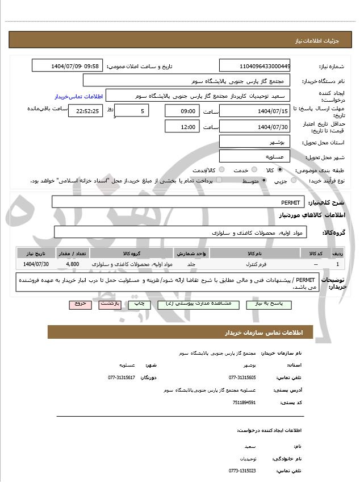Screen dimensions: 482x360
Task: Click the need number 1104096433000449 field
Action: click(255, 65)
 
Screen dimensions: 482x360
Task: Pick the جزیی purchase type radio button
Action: click(294, 180)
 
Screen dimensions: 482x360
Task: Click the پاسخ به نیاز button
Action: click(269, 304)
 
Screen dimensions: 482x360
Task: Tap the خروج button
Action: click(80, 304)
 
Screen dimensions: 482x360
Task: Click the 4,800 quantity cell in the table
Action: click(73, 264)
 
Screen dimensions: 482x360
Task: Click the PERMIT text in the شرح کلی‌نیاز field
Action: click(290, 202)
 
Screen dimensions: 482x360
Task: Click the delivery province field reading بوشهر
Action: click(255, 141)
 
